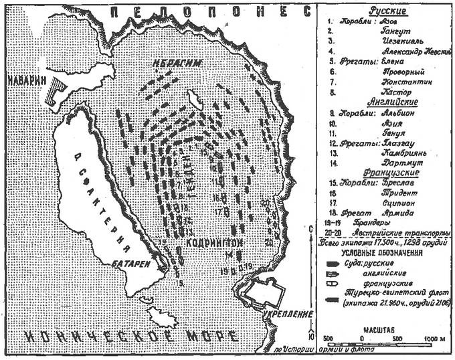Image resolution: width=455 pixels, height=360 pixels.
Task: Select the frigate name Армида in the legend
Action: pos(386,211)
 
